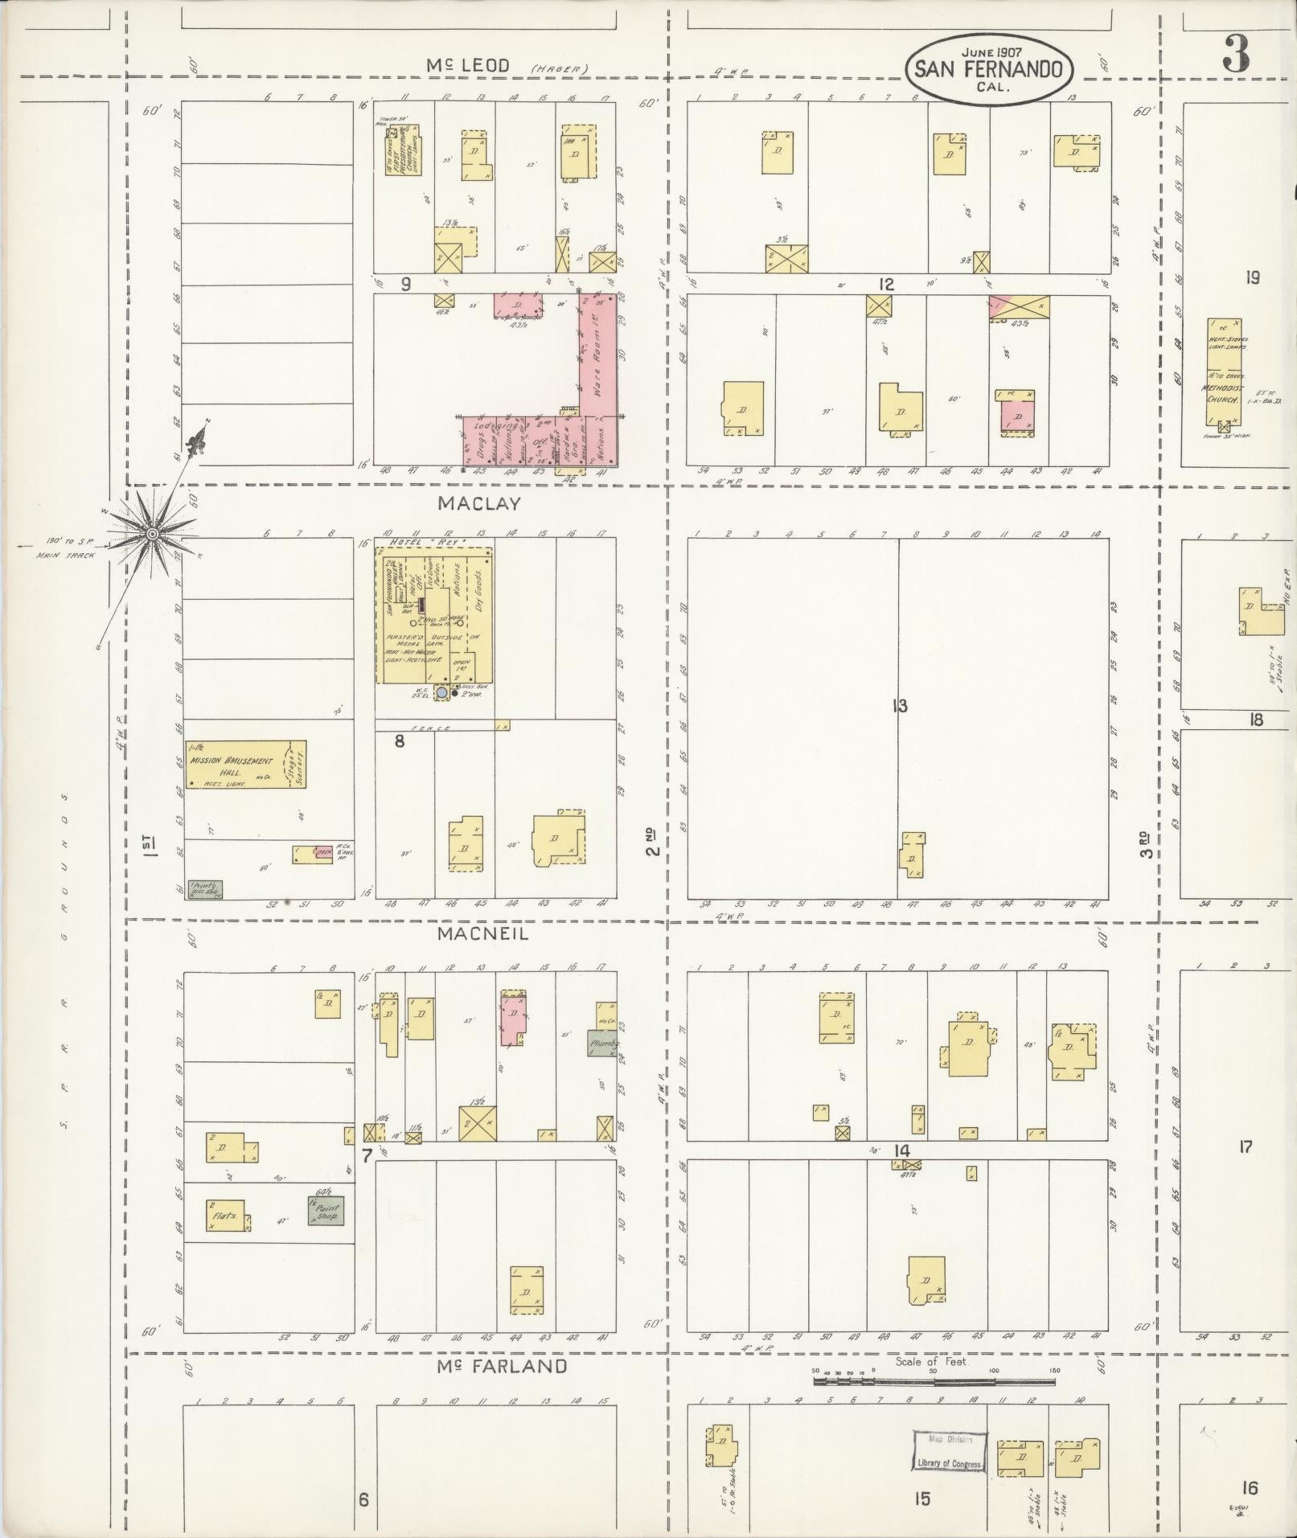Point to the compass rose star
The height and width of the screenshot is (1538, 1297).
tap(152, 533)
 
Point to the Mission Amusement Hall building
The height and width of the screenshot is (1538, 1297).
tap(245, 764)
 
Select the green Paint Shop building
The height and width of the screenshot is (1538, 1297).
tap(326, 1210)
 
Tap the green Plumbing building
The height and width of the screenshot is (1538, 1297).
tap(602, 1043)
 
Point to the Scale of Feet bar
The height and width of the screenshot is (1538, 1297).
tap(933, 1382)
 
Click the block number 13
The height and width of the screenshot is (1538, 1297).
tap(899, 707)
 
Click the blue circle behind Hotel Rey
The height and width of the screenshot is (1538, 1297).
tap(441, 692)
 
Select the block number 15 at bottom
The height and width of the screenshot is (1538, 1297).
tap(921, 1499)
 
